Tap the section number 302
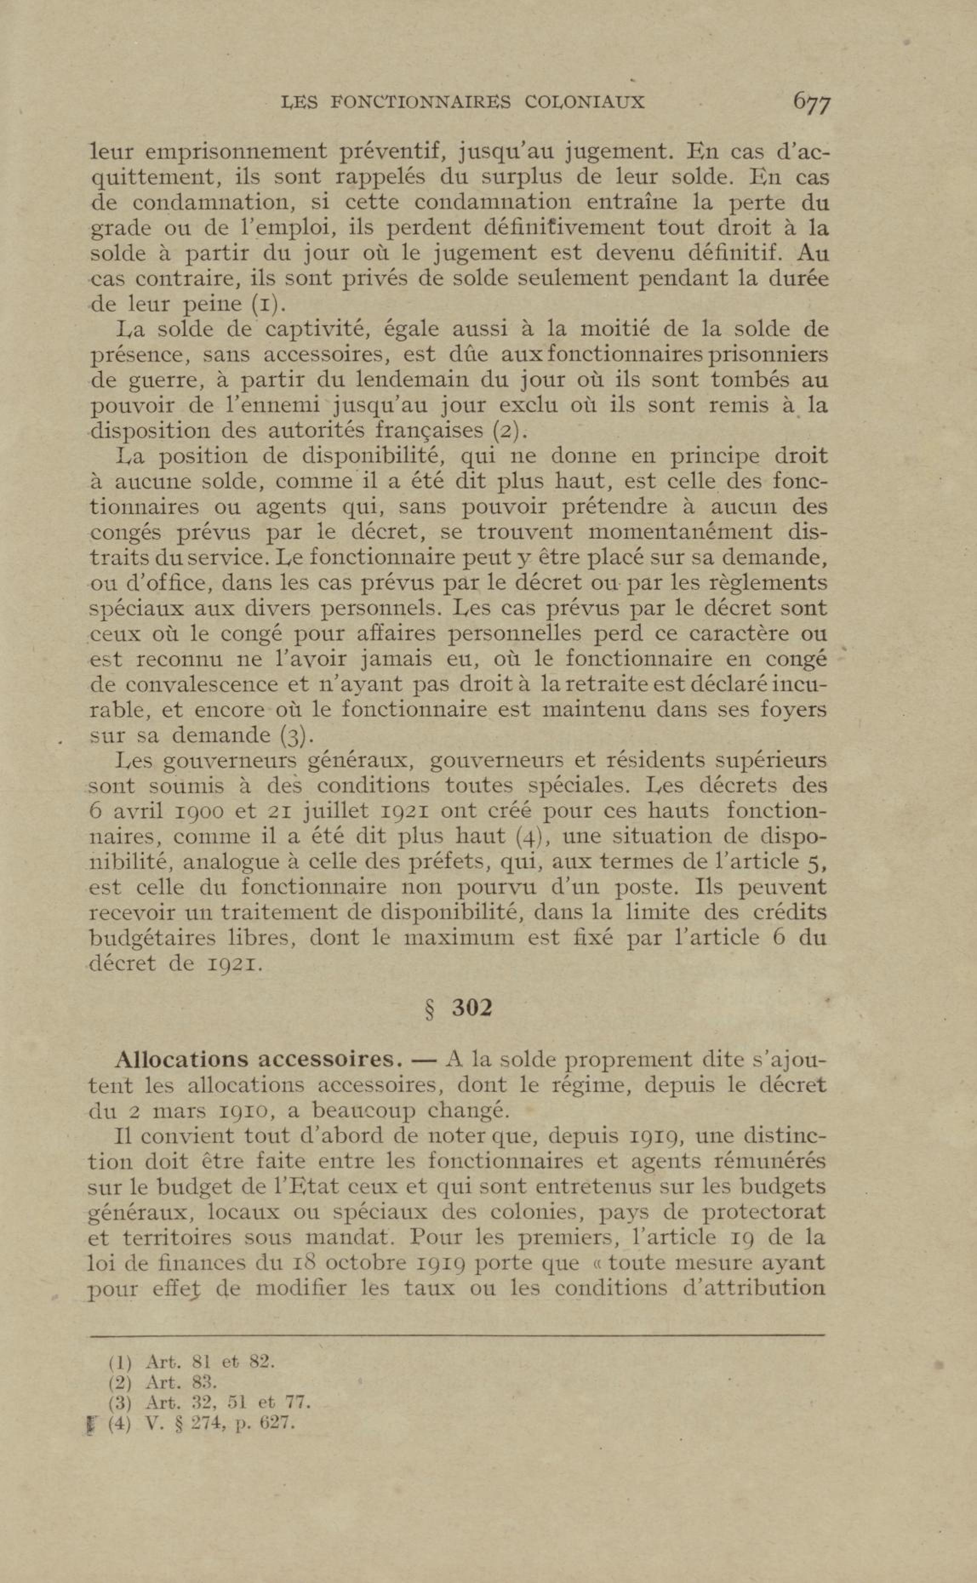click(472, 1008)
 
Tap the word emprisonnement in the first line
click(236, 152)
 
